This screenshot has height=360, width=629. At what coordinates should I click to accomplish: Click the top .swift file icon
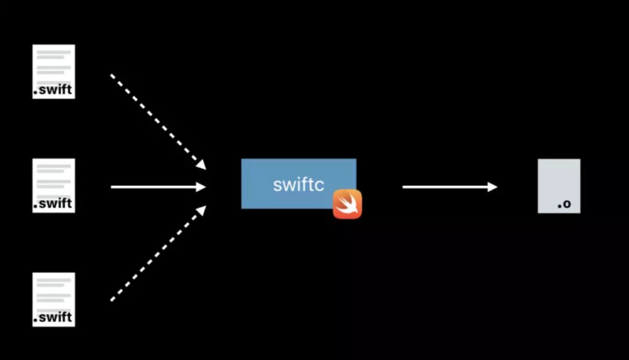click(x=54, y=71)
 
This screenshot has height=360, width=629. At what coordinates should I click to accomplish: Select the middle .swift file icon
click(x=54, y=185)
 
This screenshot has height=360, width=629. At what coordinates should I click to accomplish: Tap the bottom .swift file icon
click(x=54, y=299)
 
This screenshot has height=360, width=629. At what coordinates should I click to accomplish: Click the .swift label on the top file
click(x=53, y=90)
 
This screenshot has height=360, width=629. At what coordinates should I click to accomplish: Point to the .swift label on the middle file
click(x=53, y=204)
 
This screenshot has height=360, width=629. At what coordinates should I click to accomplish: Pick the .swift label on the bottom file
click(x=53, y=318)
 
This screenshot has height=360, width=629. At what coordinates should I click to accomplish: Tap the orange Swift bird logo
click(x=347, y=204)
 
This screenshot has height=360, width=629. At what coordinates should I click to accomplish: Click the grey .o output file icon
click(x=559, y=185)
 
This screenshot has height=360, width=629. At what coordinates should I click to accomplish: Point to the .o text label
click(x=564, y=204)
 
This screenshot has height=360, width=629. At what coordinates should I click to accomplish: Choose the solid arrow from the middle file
click(x=154, y=187)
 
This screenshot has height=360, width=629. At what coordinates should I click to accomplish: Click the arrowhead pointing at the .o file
click(x=493, y=187)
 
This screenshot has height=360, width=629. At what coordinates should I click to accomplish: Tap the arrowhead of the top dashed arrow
click(x=201, y=165)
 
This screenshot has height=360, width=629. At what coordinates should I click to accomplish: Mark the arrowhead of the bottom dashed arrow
click(x=201, y=210)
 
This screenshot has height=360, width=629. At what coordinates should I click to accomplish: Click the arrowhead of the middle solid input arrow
click(x=202, y=187)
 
